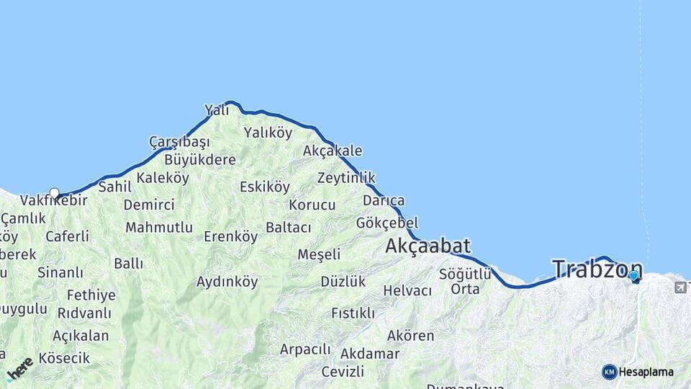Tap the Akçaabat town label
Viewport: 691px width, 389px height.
tap(428, 246)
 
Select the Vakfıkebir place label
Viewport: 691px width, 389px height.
tap(54, 200)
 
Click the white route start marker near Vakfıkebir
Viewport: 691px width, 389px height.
tap(54, 193)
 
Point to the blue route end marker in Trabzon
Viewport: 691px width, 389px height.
tap(633, 276)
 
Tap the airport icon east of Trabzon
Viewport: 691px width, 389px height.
tap(680, 287)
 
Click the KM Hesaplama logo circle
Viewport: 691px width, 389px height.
tap(610, 372)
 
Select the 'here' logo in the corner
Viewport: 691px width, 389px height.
tap(19, 368)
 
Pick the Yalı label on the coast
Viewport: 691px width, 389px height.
tap(217, 110)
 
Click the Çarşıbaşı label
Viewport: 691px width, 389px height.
tap(179, 142)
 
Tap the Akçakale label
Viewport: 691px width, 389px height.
tap(333, 151)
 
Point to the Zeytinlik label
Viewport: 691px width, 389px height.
tap(346, 178)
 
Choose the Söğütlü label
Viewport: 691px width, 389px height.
tap(465, 274)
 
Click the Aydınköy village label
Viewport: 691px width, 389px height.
tap(227, 282)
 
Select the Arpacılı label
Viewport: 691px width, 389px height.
tap(305, 349)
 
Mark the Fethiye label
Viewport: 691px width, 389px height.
tap(91, 295)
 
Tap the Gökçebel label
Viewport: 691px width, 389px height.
tap(387, 223)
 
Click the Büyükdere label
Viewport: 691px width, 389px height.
tap(200, 160)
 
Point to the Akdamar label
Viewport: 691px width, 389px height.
tap(370, 354)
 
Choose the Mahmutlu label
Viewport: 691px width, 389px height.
tap(159, 228)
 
